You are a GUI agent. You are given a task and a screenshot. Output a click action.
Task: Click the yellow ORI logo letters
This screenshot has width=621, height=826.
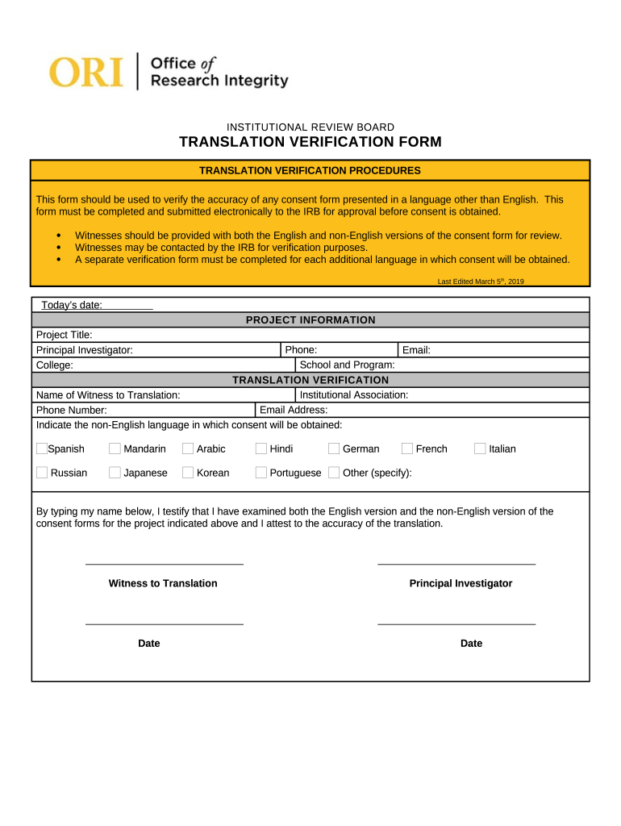click(x=86, y=71)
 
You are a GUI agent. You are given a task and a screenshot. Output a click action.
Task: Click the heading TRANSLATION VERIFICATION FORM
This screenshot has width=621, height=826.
click(x=310, y=143)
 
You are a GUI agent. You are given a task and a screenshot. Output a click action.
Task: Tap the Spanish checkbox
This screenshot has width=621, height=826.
click(x=42, y=448)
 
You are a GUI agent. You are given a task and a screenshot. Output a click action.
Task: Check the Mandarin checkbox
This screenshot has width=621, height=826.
click(x=115, y=448)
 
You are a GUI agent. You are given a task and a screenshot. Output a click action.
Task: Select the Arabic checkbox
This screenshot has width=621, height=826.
click(x=188, y=448)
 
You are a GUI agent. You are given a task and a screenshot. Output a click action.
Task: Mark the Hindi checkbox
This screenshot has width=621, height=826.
click(x=261, y=448)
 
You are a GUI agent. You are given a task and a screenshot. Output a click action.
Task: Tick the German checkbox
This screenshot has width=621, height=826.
click(x=334, y=448)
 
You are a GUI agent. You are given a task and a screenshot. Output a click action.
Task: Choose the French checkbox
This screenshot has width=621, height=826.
click(x=407, y=448)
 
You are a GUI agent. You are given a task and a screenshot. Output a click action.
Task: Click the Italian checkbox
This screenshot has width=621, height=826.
click(x=480, y=448)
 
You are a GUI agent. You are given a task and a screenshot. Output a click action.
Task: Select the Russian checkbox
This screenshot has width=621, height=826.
click(x=42, y=473)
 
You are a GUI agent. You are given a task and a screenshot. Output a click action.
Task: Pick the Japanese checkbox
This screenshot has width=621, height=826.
click(x=115, y=473)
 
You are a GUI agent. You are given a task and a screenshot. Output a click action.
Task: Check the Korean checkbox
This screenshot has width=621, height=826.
click(x=188, y=473)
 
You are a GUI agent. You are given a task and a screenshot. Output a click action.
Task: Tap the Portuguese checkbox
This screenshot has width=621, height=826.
click(x=261, y=473)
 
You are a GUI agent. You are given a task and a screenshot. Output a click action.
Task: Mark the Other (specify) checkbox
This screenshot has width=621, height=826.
click(x=334, y=473)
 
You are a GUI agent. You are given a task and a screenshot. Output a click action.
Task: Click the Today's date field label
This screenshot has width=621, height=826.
click(x=72, y=305)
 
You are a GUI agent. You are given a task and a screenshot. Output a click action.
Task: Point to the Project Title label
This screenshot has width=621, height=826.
click(x=65, y=335)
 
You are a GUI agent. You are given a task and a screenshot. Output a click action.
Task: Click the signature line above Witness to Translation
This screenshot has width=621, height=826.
click(x=165, y=564)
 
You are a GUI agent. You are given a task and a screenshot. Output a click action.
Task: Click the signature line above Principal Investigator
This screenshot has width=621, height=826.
click(x=456, y=564)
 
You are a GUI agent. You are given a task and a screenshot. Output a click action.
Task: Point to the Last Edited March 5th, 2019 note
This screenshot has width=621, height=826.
click(x=481, y=282)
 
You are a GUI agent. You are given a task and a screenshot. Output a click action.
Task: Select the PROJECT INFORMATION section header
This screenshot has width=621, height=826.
click(x=310, y=320)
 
